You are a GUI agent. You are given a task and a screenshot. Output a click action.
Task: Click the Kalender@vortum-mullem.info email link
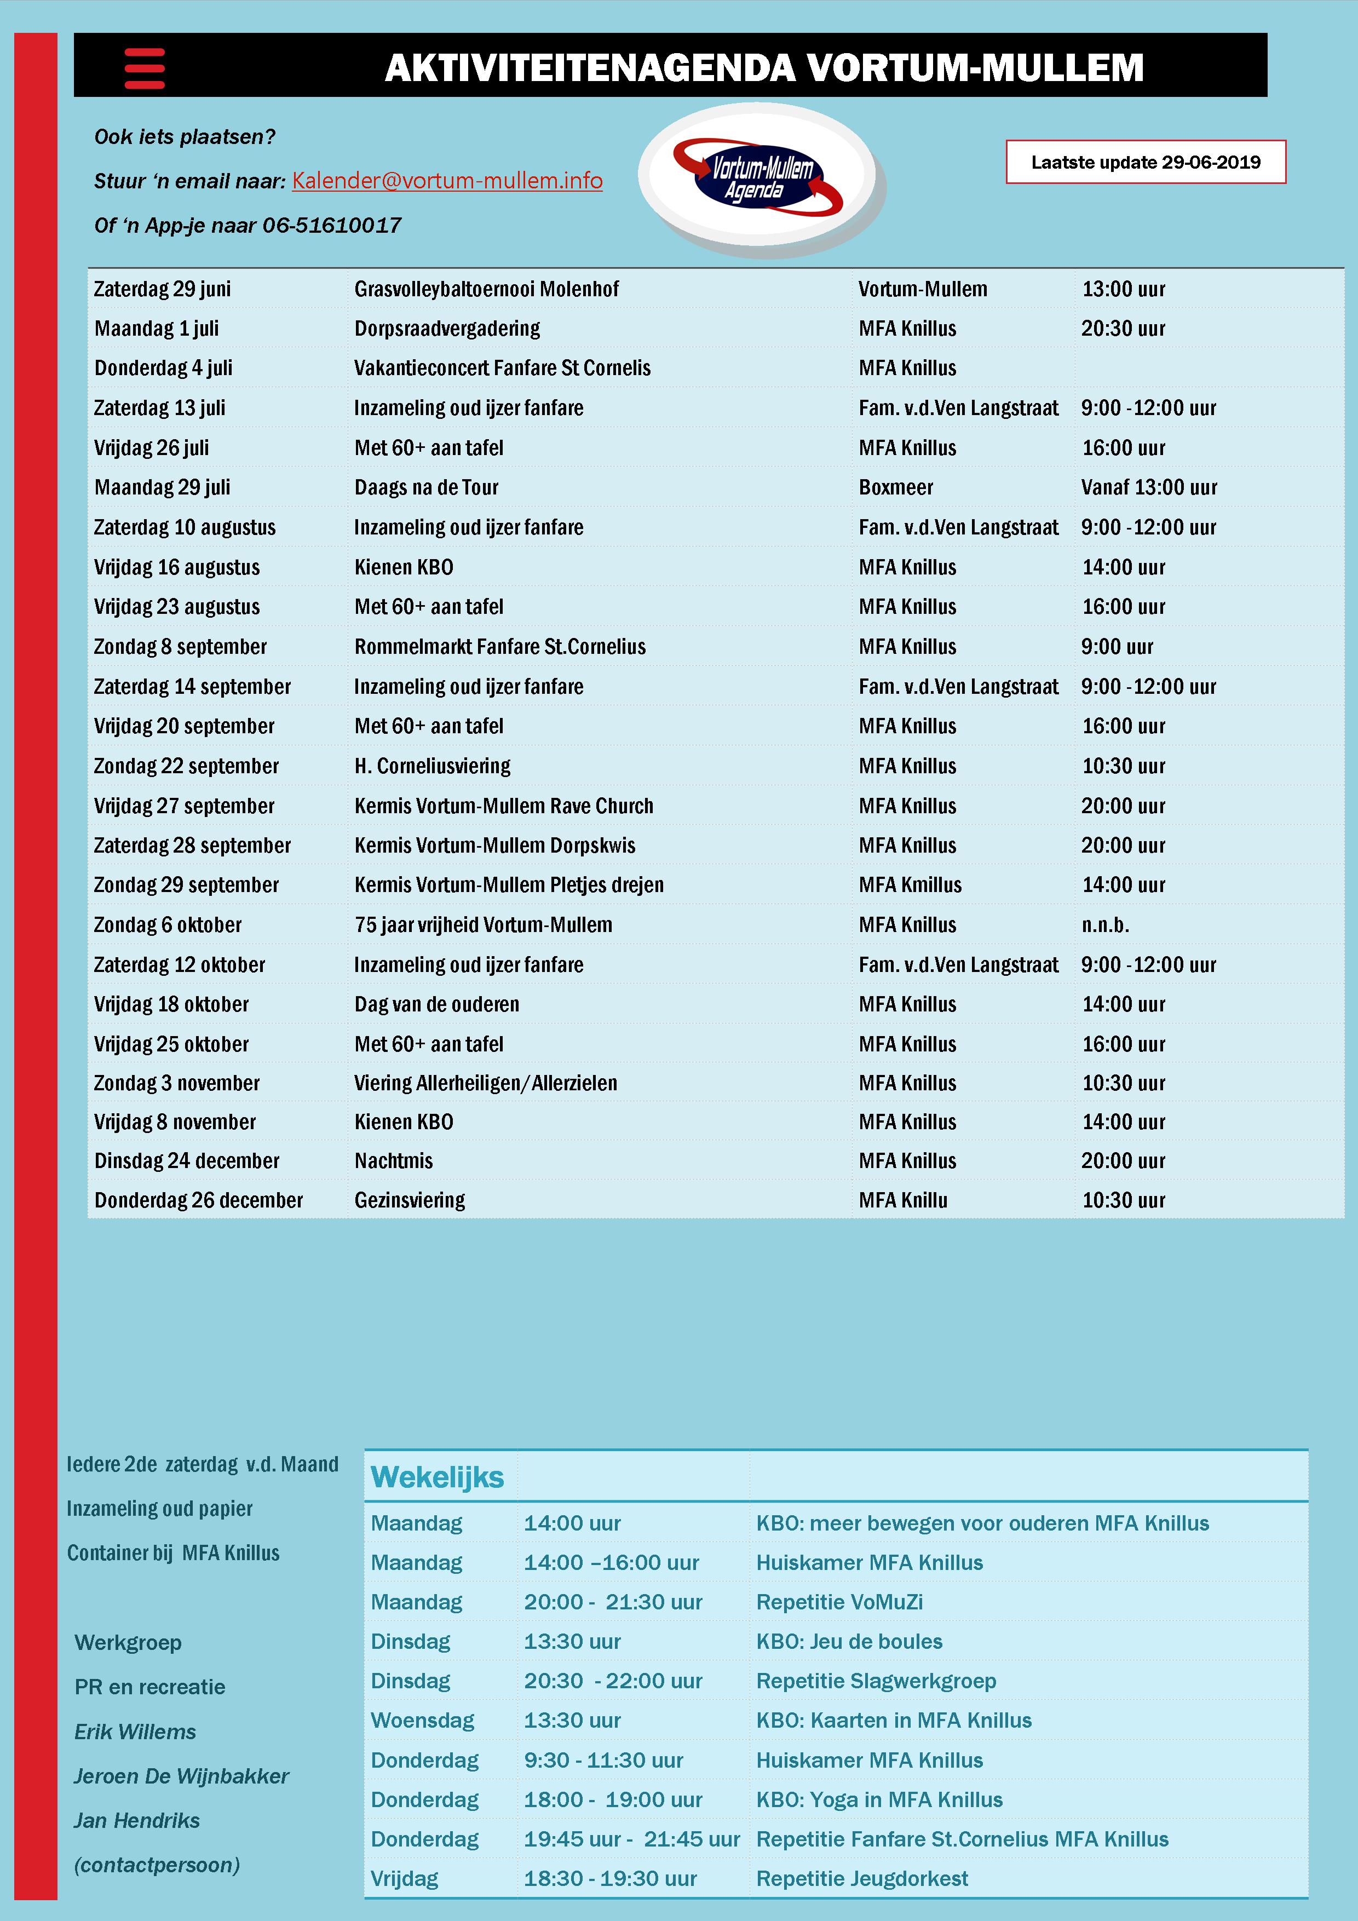447,181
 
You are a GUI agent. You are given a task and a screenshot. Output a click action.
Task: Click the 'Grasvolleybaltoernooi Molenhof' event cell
486,290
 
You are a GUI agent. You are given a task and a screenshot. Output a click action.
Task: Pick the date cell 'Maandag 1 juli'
157,329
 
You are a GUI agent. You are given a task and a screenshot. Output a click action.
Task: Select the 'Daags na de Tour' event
426,488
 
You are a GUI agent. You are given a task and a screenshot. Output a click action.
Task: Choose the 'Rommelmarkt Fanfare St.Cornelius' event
499,647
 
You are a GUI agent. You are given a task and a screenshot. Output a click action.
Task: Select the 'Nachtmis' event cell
393,1161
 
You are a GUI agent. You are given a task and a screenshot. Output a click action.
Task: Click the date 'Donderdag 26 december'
198,1200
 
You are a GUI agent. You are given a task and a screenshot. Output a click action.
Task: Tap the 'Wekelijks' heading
437,1477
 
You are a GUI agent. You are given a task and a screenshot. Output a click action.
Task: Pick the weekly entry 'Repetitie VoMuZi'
839,1602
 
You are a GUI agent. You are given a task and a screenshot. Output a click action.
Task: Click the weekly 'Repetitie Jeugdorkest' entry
862,1878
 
